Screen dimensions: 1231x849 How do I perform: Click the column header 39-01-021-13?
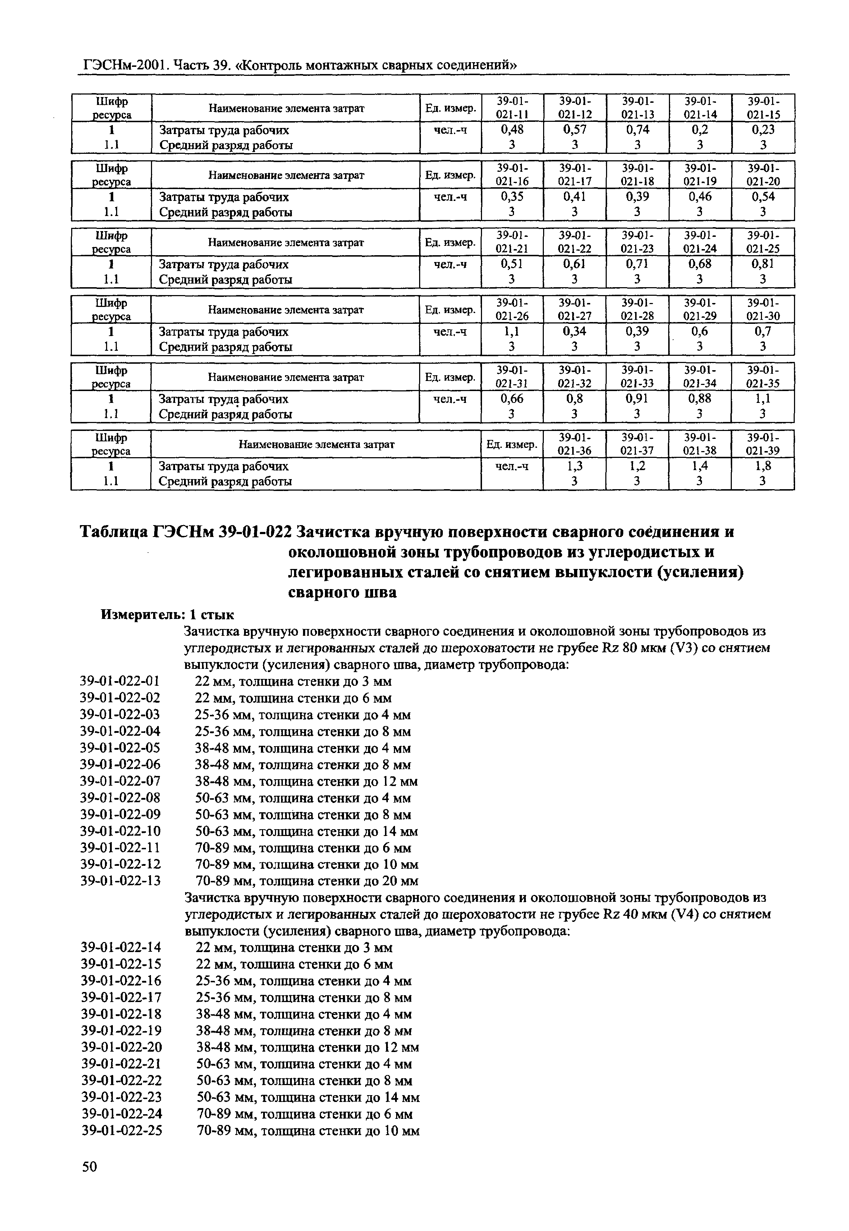(x=637, y=107)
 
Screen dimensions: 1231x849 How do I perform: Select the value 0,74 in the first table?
(x=637, y=130)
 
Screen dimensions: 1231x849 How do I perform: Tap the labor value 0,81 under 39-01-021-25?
(x=763, y=264)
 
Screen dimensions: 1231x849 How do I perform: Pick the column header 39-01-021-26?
(x=512, y=309)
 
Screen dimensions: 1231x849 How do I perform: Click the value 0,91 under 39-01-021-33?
(x=637, y=399)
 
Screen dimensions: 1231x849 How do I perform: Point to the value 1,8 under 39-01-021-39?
(x=763, y=466)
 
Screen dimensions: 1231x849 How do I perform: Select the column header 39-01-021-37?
(x=637, y=444)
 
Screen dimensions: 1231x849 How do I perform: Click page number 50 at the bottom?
(x=90, y=1196)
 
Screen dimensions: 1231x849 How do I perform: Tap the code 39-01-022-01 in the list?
(x=120, y=681)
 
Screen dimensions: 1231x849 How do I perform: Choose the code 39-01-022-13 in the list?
(x=120, y=881)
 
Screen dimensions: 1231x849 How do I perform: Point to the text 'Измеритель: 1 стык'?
(x=167, y=615)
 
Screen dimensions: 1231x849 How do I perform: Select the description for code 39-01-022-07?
(x=306, y=781)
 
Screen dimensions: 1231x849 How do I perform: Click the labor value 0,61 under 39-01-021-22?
(x=574, y=264)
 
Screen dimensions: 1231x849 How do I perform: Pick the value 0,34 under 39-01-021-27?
(x=574, y=331)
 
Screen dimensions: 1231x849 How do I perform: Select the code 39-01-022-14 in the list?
(x=121, y=947)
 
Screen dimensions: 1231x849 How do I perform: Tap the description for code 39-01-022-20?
(x=307, y=1047)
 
